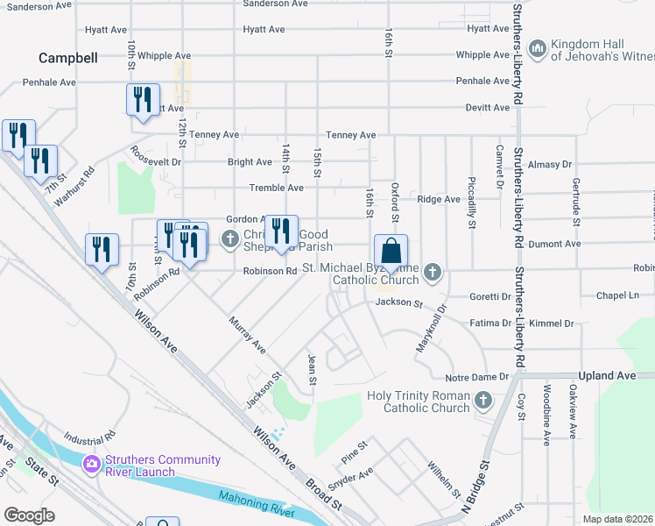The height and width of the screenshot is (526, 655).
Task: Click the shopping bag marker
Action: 391,251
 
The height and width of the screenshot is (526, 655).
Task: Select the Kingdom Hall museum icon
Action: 538,46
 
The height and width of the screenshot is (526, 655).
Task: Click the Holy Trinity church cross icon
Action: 482,402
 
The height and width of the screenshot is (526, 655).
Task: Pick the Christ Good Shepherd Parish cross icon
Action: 230,238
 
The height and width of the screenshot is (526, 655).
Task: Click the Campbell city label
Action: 67,59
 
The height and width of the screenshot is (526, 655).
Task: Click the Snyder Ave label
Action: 350,477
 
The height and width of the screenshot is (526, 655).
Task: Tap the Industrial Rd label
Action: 89,436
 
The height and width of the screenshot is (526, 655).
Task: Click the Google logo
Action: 30,515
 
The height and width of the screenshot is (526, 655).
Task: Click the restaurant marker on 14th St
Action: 281,231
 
